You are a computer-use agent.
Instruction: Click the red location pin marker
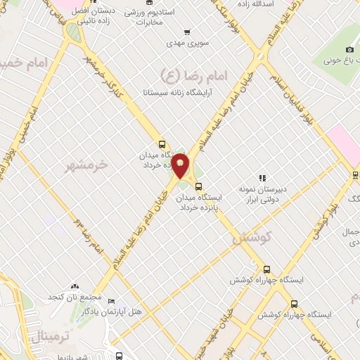(181, 166)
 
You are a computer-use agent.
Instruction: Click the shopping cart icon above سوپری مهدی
(187, 32)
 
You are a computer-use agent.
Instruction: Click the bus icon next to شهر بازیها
(120, 356)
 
